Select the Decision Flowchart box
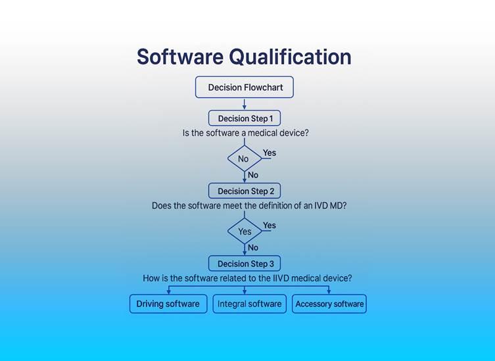click(x=244, y=87)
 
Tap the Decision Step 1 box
click(x=245, y=118)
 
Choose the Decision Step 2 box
click(x=245, y=191)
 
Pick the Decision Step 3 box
click(x=245, y=264)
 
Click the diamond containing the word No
click(x=244, y=158)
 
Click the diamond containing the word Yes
click(x=245, y=231)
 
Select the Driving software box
click(x=168, y=304)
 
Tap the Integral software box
click(x=249, y=304)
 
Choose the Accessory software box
click(x=329, y=304)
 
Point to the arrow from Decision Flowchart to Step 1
click(x=244, y=104)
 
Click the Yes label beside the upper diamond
click(x=270, y=153)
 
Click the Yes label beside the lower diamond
click(x=270, y=226)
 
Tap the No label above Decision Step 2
click(x=253, y=175)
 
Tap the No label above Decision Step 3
click(x=253, y=248)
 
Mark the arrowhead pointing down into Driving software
click(x=168, y=291)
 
